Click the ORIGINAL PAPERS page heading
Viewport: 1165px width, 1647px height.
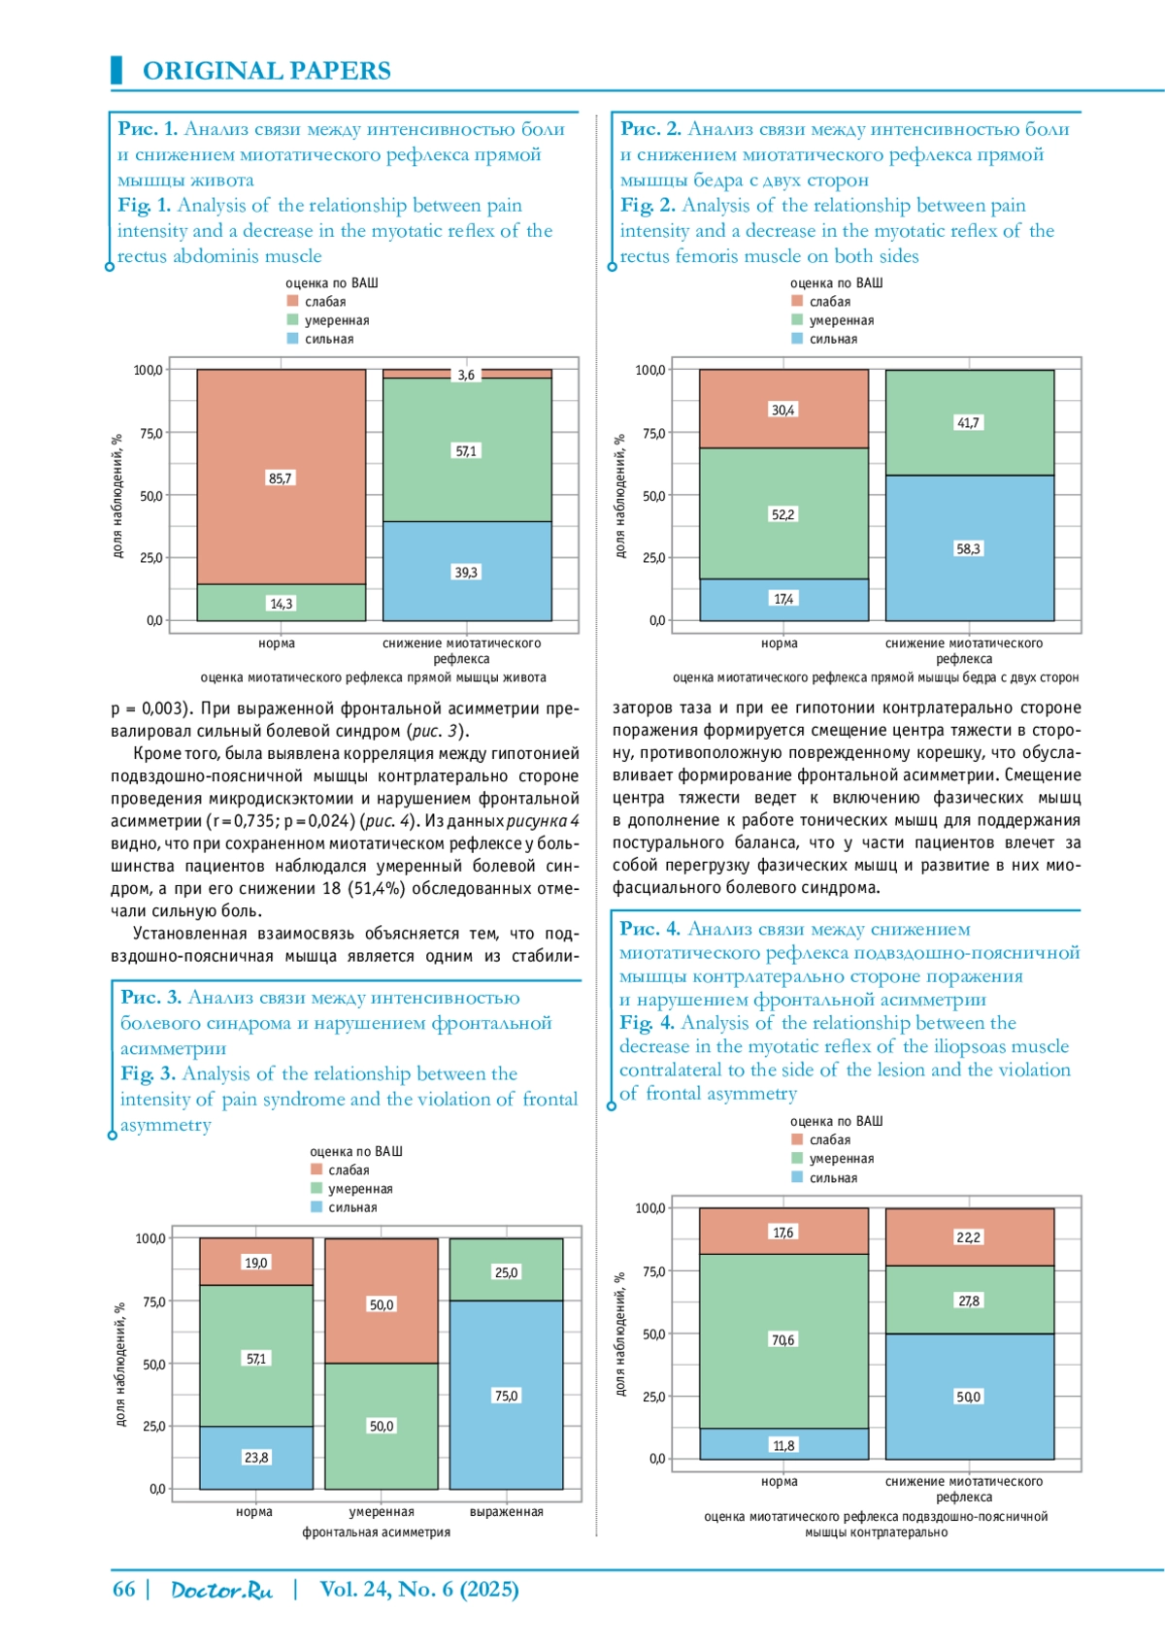(x=266, y=71)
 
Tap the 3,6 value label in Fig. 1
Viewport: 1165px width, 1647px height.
(x=466, y=375)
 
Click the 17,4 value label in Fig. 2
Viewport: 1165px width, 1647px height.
(x=783, y=599)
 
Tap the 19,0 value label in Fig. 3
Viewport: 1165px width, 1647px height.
(x=256, y=1263)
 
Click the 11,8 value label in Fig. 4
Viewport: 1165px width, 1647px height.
(x=783, y=1445)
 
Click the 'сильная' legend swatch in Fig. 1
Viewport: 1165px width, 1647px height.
(x=292, y=339)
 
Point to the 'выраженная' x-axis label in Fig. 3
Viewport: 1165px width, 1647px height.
(x=506, y=1511)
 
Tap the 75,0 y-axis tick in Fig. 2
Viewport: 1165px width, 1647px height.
(x=653, y=433)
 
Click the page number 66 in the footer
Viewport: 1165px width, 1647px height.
(x=124, y=1589)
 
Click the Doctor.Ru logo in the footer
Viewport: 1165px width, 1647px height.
(x=221, y=1590)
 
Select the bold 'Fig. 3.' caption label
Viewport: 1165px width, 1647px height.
(x=148, y=1073)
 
